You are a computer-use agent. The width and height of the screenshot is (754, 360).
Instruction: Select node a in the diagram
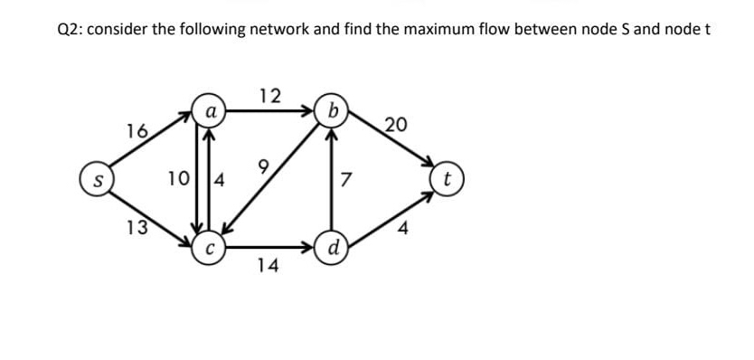pos(209,113)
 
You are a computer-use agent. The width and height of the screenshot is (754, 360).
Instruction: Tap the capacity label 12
pos(269,95)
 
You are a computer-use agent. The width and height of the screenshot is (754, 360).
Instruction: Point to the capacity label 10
pos(179,177)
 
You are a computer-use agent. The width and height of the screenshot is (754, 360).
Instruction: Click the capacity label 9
pos(263,166)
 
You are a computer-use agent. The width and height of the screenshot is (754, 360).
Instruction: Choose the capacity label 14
pos(268,265)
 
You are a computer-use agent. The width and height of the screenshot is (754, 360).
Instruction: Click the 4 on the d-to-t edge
pos(404,228)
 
